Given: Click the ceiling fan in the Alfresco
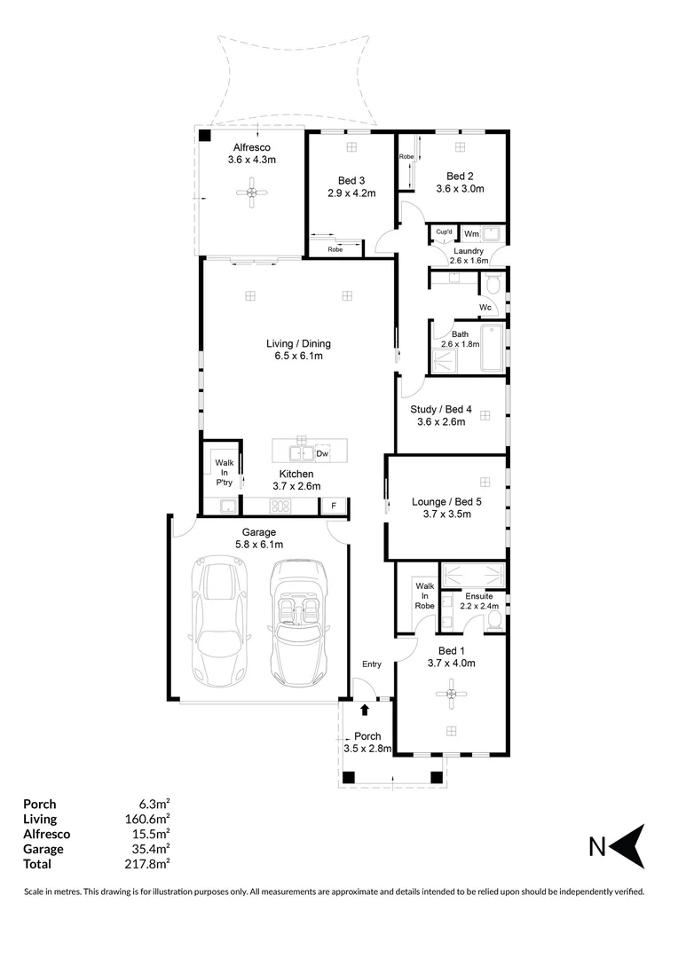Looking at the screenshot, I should coord(253,192).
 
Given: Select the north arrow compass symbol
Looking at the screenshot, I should coord(628,846).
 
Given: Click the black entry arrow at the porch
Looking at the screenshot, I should coord(365,710).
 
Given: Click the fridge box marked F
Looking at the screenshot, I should coord(333,506).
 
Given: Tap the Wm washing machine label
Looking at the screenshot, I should coord(471,233).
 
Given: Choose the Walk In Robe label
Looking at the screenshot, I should coord(425,596).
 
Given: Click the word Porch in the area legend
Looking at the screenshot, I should coord(39,805).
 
